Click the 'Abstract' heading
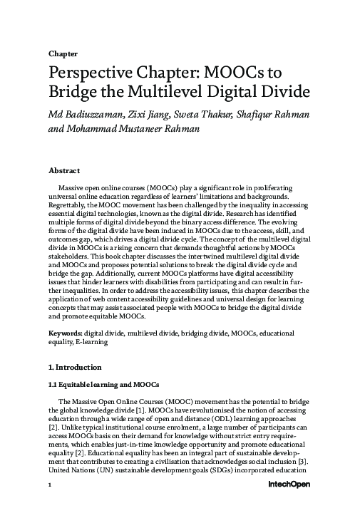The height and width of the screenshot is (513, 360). (x=64, y=171)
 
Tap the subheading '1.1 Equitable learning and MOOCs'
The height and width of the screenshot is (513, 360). (x=103, y=385)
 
